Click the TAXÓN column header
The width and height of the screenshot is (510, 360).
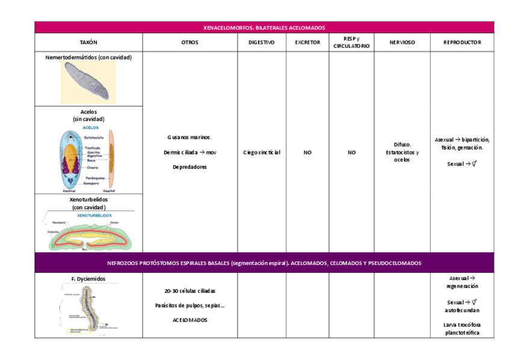tap(88, 43)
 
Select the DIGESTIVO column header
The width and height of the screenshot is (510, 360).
tap(262, 43)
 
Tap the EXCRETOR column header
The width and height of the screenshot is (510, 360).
tap(307, 43)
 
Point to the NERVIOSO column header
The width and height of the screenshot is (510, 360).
tap(402, 43)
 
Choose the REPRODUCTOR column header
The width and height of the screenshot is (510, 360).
tap(462, 43)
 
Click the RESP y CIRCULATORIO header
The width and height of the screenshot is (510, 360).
tap(351, 43)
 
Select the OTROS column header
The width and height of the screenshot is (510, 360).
tap(189, 43)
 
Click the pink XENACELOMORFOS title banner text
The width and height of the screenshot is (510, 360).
tap(264, 28)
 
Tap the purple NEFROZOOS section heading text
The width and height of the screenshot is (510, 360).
tap(264, 263)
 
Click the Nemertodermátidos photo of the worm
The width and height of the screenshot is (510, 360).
tap(88, 83)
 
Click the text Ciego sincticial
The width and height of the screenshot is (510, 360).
tap(262, 153)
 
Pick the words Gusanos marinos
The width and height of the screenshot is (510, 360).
tap(189, 138)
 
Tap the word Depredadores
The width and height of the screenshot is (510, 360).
tap(189, 167)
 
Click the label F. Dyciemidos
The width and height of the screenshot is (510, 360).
tap(88, 279)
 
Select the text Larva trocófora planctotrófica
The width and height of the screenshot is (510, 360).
tap(462, 329)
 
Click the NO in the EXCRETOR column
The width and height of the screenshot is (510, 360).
tap(307, 153)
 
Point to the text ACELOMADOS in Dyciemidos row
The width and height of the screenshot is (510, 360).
tap(189, 320)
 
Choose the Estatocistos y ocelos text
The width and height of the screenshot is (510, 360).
tap(402, 156)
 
